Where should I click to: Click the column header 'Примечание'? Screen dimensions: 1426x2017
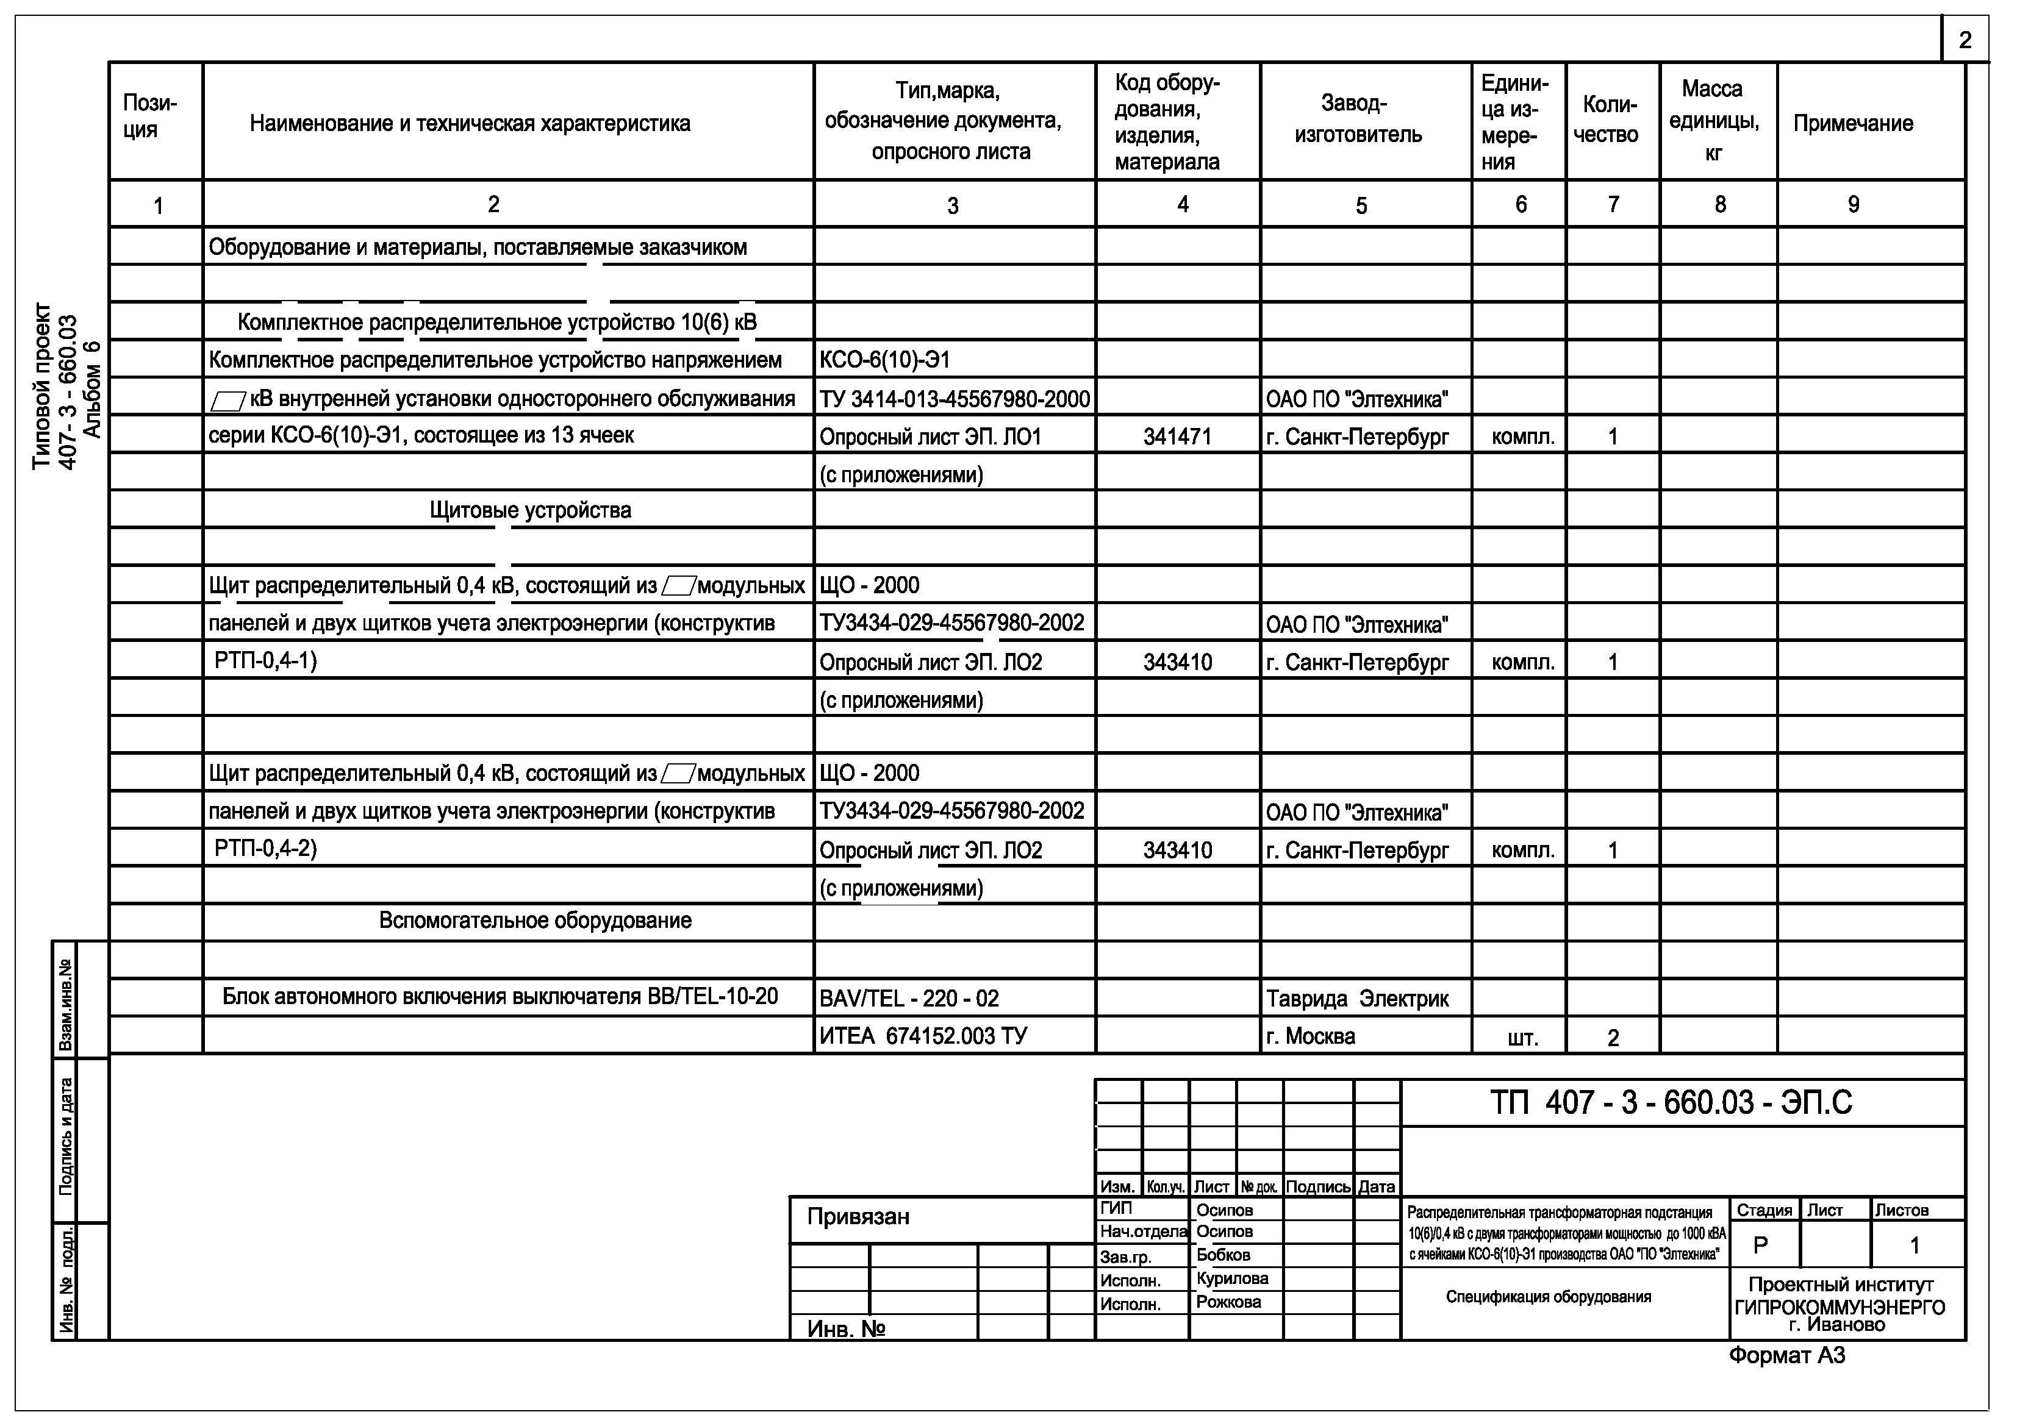[x=1853, y=124]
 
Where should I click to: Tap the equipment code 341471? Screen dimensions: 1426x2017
[x=1177, y=437]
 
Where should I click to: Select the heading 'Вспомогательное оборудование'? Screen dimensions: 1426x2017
[x=535, y=920]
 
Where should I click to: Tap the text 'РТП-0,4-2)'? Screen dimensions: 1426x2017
[x=265, y=848]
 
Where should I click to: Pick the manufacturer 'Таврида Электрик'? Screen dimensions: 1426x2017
[x=1356, y=999]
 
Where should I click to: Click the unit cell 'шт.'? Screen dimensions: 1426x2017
[x=1522, y=1038]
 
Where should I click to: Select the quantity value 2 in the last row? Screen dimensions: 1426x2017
[x=1613, y=1038]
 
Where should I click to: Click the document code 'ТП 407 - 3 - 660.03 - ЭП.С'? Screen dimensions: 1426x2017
[x=1671, y=1103]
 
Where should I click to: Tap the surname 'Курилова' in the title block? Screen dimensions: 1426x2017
[x=1231, y=1278]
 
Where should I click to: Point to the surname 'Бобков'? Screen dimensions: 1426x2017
[x=1223, y=1255]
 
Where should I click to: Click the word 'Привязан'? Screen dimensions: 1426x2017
[x=858, y=1217]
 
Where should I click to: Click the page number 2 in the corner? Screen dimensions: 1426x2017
[x=1965, y=40]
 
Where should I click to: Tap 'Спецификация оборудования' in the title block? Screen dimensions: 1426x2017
[x=1548, y=1297]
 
